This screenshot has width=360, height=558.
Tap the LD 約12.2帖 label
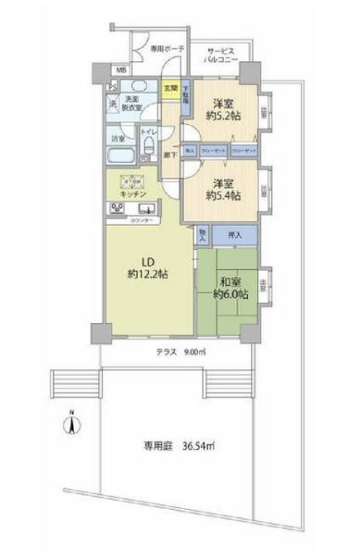point(148,267)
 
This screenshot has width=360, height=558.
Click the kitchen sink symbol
point(150,209)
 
